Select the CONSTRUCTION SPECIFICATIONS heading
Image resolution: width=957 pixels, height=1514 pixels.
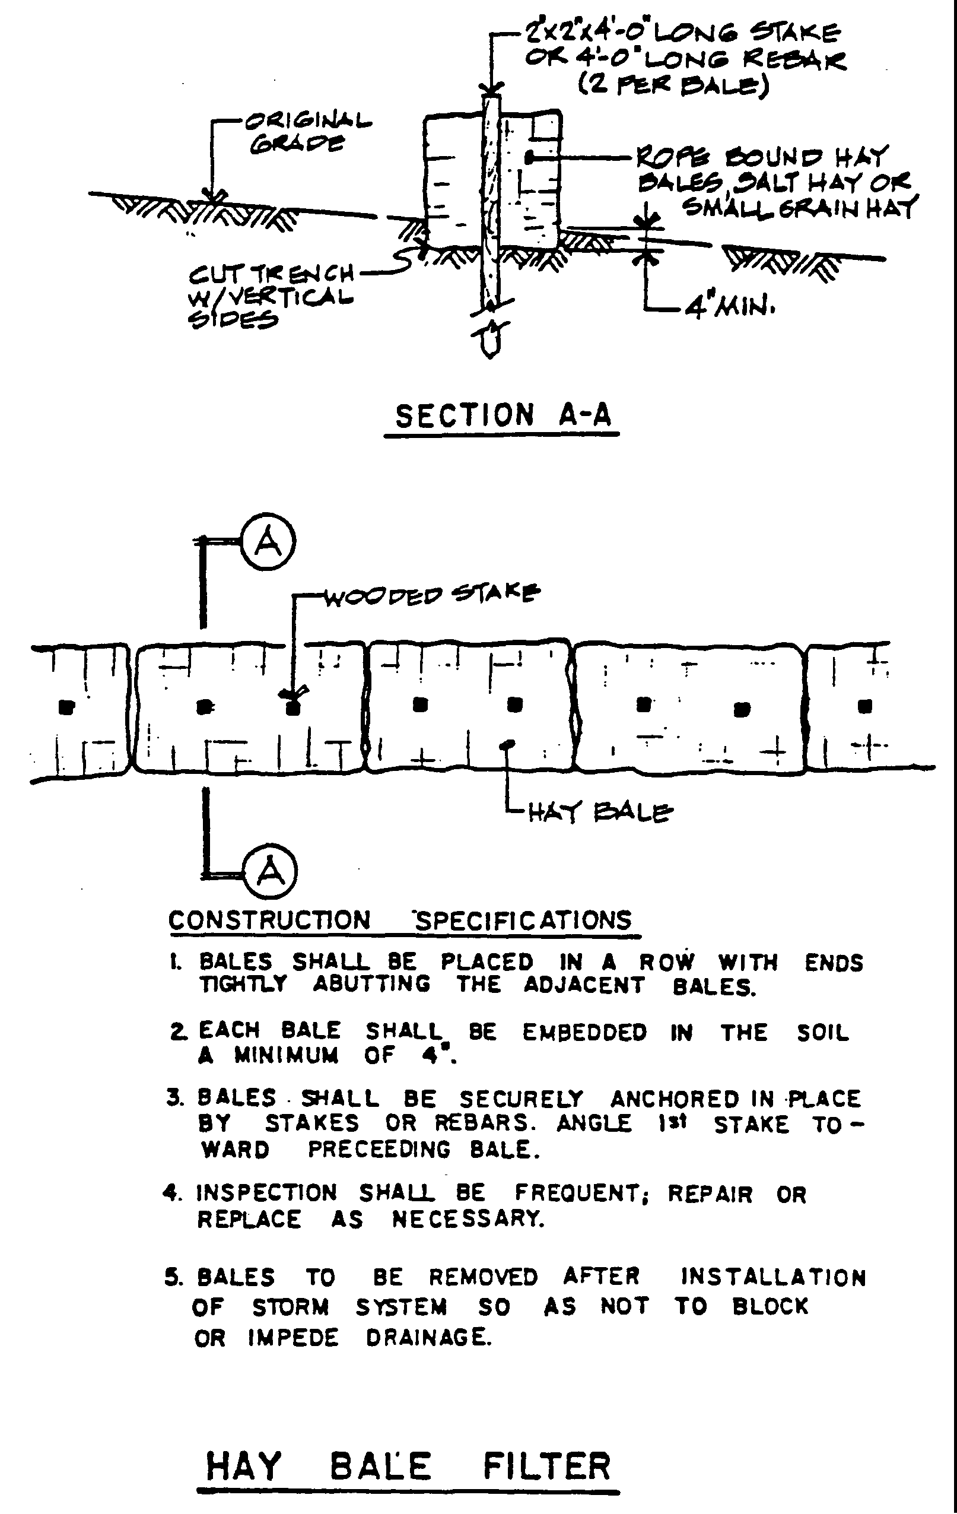tap(400, 921)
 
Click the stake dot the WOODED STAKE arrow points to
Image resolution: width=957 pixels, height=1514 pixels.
tap(291, 708)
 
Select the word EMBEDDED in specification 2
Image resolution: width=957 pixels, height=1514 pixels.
tap(584, 1033)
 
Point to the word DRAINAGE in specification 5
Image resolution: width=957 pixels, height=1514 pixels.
tap(428, 1337)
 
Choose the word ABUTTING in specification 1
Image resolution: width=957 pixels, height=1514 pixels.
tap(372, 983)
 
